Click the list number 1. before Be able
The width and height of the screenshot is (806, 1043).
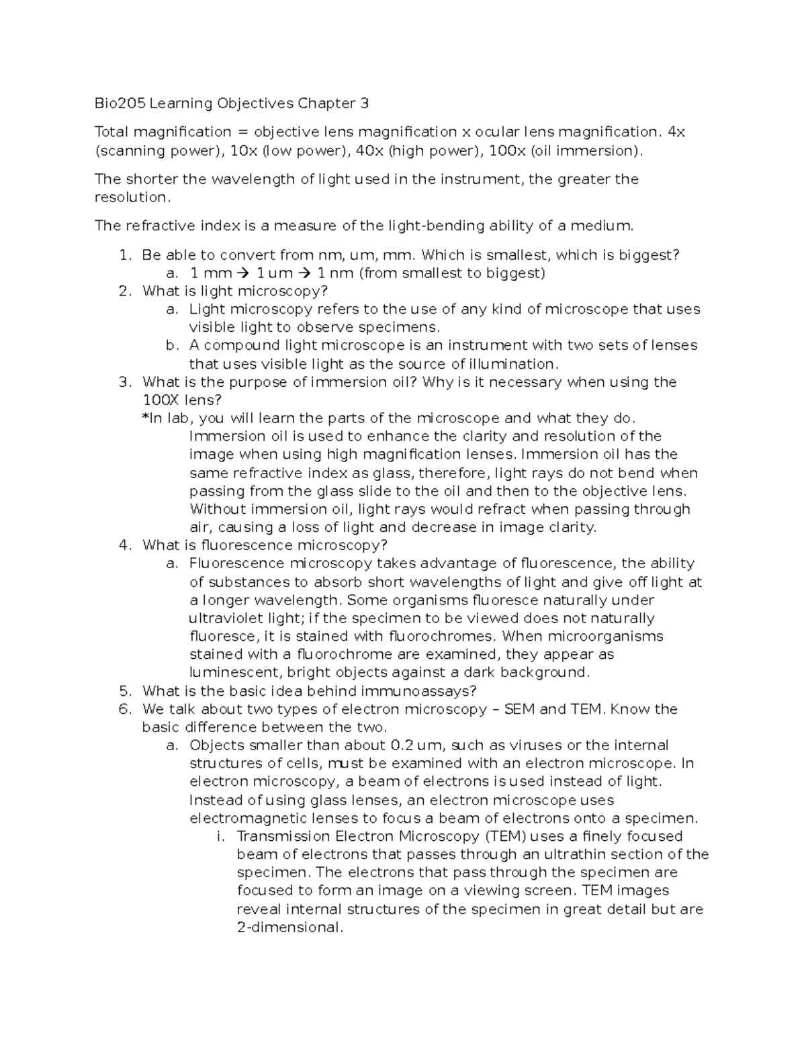tap(124, 255)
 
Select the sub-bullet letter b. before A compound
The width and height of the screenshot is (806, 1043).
tap(172, 345)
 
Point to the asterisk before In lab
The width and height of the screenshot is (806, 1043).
tap(145, 418)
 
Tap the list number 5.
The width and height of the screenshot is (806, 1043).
tap(124, 691)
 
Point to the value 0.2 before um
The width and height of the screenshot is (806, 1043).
tap(401, 745)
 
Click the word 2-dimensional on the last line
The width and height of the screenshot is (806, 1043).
tap(289, 927)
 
